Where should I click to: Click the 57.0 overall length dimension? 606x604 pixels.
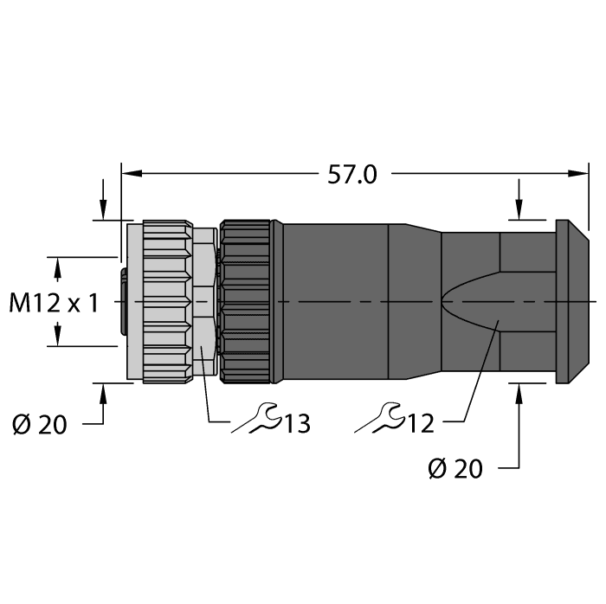pyautogui.click(x=351, y=174)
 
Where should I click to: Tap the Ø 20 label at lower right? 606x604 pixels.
pyautogui.click(x=455, y=468)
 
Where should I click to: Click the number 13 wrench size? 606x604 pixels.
pyautogui.click(x=295, y=423)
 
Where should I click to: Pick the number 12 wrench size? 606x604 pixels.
pyautogui.click(x=419, y=423)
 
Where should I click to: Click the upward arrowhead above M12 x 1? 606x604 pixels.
pyautogui.click(x=58, y=267)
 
